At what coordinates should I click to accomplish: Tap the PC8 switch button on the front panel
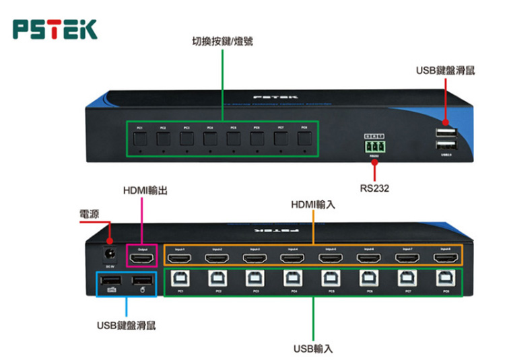point(304,140)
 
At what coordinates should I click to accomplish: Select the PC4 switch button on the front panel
point(209,140)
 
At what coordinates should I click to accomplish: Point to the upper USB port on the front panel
point(445,132)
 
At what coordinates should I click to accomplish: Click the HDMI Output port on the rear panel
point(142,256)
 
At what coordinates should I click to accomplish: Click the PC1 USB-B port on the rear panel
point(180,279)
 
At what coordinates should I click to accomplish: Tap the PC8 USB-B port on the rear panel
point(445,279)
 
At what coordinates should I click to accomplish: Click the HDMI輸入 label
point(312,203)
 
